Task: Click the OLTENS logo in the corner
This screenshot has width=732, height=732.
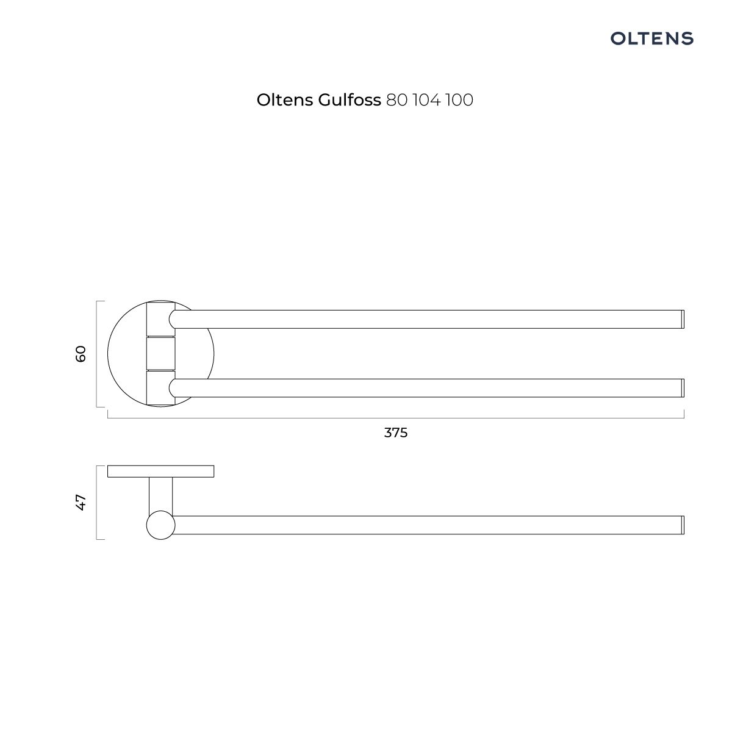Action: coord(651,38)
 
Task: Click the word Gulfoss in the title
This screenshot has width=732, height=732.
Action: coord(350,100)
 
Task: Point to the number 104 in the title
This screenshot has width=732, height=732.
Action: coord(427,100)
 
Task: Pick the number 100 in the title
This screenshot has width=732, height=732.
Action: coord(459,100)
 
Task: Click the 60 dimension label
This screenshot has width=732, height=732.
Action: coord(81,354)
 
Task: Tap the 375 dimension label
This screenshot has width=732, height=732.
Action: coord(395,432)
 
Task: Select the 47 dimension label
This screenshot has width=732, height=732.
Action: coord(81,502)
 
